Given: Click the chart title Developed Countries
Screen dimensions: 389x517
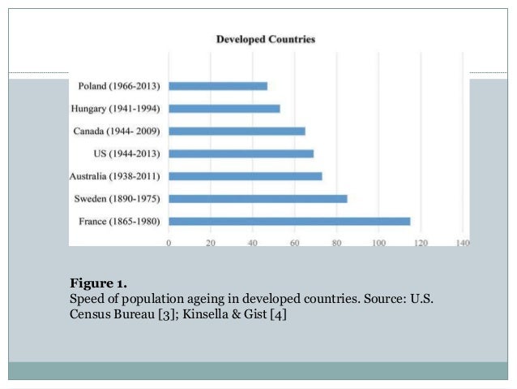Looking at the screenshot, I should (265, 39).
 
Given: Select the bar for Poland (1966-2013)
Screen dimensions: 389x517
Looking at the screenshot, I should (218, 85).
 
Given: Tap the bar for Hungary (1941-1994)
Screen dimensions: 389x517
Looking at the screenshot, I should (224, 108).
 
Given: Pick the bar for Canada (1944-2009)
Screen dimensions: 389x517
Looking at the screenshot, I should (237, 131).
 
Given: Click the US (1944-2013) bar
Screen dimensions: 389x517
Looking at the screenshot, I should (241, 153).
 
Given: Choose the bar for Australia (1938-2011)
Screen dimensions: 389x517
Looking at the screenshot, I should (246, 175).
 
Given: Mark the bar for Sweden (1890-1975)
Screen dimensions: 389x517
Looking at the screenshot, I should (258, 198).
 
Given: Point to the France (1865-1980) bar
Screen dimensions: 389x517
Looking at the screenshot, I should (289, 221).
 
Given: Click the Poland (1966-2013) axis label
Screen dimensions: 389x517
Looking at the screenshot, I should (119, 85).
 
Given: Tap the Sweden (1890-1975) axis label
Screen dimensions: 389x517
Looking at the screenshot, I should (117, 198).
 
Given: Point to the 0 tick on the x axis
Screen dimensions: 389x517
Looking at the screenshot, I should (169, 242).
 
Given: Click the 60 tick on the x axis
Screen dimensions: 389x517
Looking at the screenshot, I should (294, 242).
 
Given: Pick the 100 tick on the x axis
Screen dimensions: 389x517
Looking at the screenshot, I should (378, 242).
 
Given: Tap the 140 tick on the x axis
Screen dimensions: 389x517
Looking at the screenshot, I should (463, 242).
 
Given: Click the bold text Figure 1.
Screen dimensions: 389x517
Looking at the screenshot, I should (98, 283).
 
